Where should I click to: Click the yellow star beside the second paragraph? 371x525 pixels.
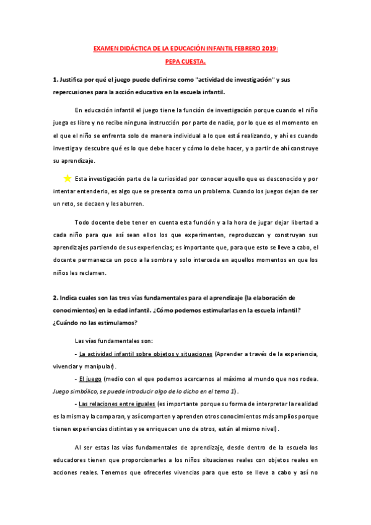[68, 178]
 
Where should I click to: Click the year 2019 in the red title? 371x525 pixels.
[269, 48]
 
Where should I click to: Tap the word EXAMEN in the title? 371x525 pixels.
[106, 48]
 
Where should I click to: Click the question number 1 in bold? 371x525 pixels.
[55, 80]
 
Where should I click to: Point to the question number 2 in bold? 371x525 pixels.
[55, 298]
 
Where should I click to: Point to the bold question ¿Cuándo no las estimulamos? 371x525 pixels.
[95, 323]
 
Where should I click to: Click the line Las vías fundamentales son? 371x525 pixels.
[110, 341]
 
